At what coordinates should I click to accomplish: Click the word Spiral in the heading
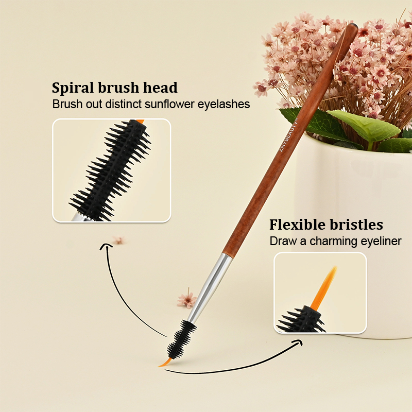pyautogui.click(x=73, y=88)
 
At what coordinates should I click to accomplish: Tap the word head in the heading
pyautogui.click(x=160, y=87)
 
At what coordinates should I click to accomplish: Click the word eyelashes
pyautogui.click(x=224, y=105)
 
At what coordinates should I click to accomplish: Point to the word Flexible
pyautogui.click(x=298, y=225)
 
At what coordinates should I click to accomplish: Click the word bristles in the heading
pyautogui.click(x=356, y=225)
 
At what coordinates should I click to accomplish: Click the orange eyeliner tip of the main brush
pyautogui.click(x=165, y=363)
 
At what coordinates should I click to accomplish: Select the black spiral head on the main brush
pyautogui.click(x=182, y=339)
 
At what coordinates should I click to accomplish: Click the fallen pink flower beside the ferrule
pyautogui.click(x=187, y=300)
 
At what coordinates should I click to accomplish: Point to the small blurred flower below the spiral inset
pyautogui.click(x=119, y=240)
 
